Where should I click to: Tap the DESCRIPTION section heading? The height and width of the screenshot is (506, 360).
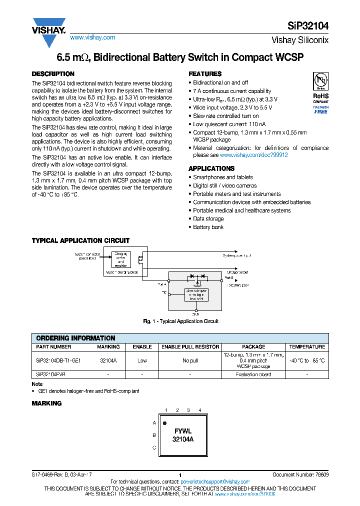pos(53,74)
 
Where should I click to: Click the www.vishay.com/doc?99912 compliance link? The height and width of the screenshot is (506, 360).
pos(254,155)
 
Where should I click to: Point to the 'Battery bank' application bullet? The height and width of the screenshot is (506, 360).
pos(207,227)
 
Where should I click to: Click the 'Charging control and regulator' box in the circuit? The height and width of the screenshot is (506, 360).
pos(121,260)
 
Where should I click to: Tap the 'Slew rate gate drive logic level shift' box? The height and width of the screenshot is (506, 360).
pos(196,295)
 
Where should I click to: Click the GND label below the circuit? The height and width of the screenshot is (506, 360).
pos(196,314)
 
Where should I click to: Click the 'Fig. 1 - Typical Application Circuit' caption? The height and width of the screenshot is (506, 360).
pos(180,321)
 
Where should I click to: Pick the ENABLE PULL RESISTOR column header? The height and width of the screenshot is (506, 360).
pos(190,346)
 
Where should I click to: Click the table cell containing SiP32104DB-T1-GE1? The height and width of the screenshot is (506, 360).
pos(58,360)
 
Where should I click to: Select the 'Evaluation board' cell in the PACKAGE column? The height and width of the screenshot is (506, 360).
pos(253,374)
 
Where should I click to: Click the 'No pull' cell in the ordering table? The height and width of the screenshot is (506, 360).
pos(190,360)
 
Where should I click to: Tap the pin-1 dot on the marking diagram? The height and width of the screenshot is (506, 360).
pos(165,423)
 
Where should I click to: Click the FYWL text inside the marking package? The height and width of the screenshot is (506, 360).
pos(182,430)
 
